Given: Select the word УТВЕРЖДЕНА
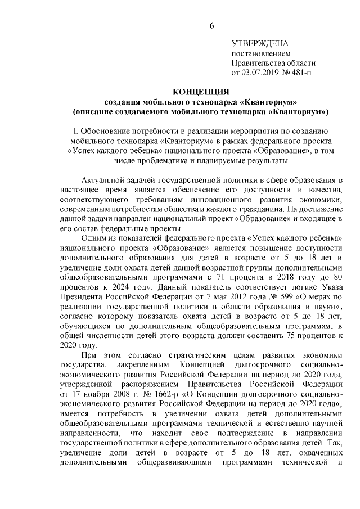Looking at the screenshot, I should point(260,44).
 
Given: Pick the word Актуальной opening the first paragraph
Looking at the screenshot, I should point(106,180).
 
